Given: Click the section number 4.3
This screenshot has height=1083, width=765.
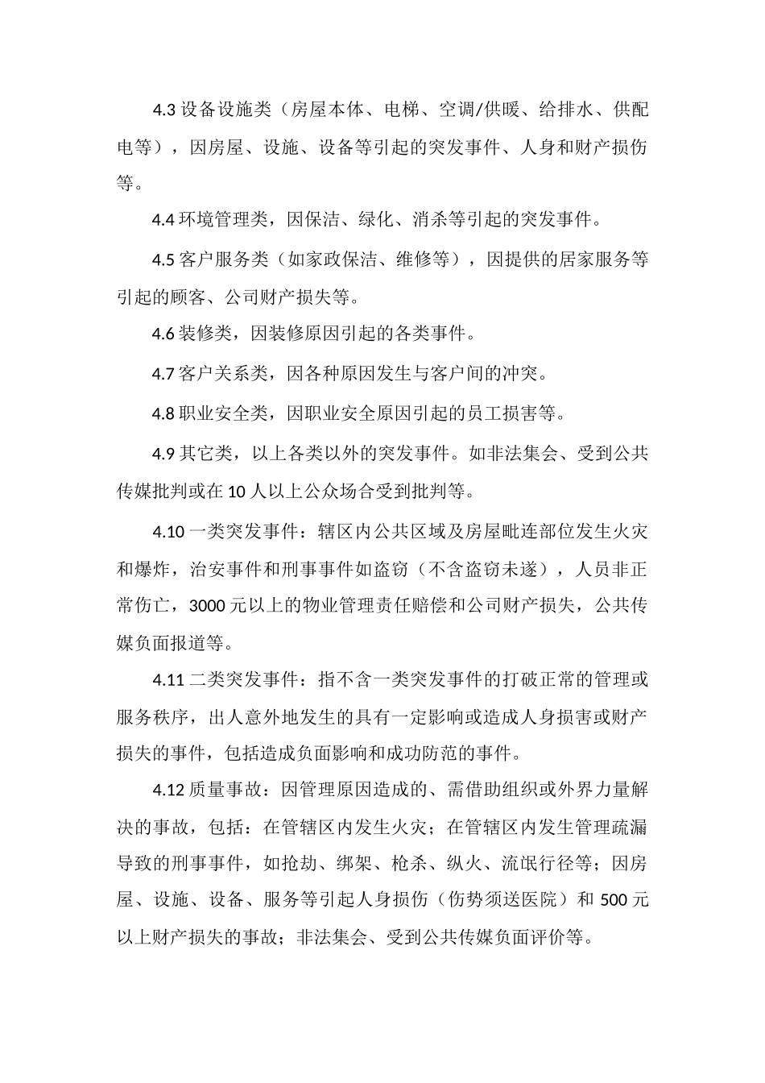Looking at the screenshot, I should click(x=164, y=110).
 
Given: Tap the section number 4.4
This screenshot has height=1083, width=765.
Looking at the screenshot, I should click(x=164, y=219).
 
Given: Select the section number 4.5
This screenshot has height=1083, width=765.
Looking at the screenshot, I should click(x=164, y=259).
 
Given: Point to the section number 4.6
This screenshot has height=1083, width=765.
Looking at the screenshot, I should click(x=164, y=333).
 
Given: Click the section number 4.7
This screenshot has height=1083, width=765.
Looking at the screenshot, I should click(x=164, y=374).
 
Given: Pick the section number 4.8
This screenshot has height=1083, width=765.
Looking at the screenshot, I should click(x=164, y=414).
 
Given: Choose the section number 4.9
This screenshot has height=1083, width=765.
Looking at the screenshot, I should click(x=164, y=454).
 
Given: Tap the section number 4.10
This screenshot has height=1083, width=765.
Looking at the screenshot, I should click(x=168, y=532).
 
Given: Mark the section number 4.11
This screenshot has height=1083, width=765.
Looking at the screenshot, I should click(x=168, y=679).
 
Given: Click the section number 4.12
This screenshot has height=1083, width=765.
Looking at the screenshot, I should click(x=168, y=790).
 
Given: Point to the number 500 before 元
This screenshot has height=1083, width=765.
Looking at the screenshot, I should click(x=616, y=900).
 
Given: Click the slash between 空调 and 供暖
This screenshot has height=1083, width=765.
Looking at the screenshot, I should click(x=476, y=110).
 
